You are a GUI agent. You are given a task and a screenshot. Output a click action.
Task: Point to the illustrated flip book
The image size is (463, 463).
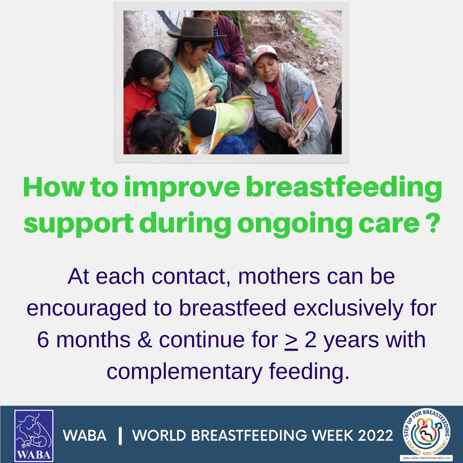tap(306, 111)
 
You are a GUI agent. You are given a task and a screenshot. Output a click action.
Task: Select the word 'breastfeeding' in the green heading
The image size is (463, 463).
tap(344, 188)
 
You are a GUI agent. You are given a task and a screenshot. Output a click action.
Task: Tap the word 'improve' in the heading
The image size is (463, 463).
tap(182, 188)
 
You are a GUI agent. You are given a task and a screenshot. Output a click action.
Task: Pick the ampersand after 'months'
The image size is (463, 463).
tap(145, 340)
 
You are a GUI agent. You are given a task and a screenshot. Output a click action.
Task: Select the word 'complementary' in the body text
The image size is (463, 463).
tap(184, 372)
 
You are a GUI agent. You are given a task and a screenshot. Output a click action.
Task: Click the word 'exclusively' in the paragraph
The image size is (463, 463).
tap(348, 308)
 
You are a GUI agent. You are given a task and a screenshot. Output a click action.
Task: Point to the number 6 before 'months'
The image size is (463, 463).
tap(43, 340)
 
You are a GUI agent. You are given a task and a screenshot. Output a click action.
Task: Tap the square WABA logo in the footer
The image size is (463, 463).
tap(34, 436)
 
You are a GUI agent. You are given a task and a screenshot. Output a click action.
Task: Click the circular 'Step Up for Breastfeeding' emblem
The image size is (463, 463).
tap(427, 432)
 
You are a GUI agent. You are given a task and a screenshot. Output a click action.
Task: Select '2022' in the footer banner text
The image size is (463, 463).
tap(375, 436)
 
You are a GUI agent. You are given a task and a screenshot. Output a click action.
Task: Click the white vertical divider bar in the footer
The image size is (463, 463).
tap(120, 436)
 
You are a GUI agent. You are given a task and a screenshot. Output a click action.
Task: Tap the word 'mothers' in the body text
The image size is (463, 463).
tap(279, 277)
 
